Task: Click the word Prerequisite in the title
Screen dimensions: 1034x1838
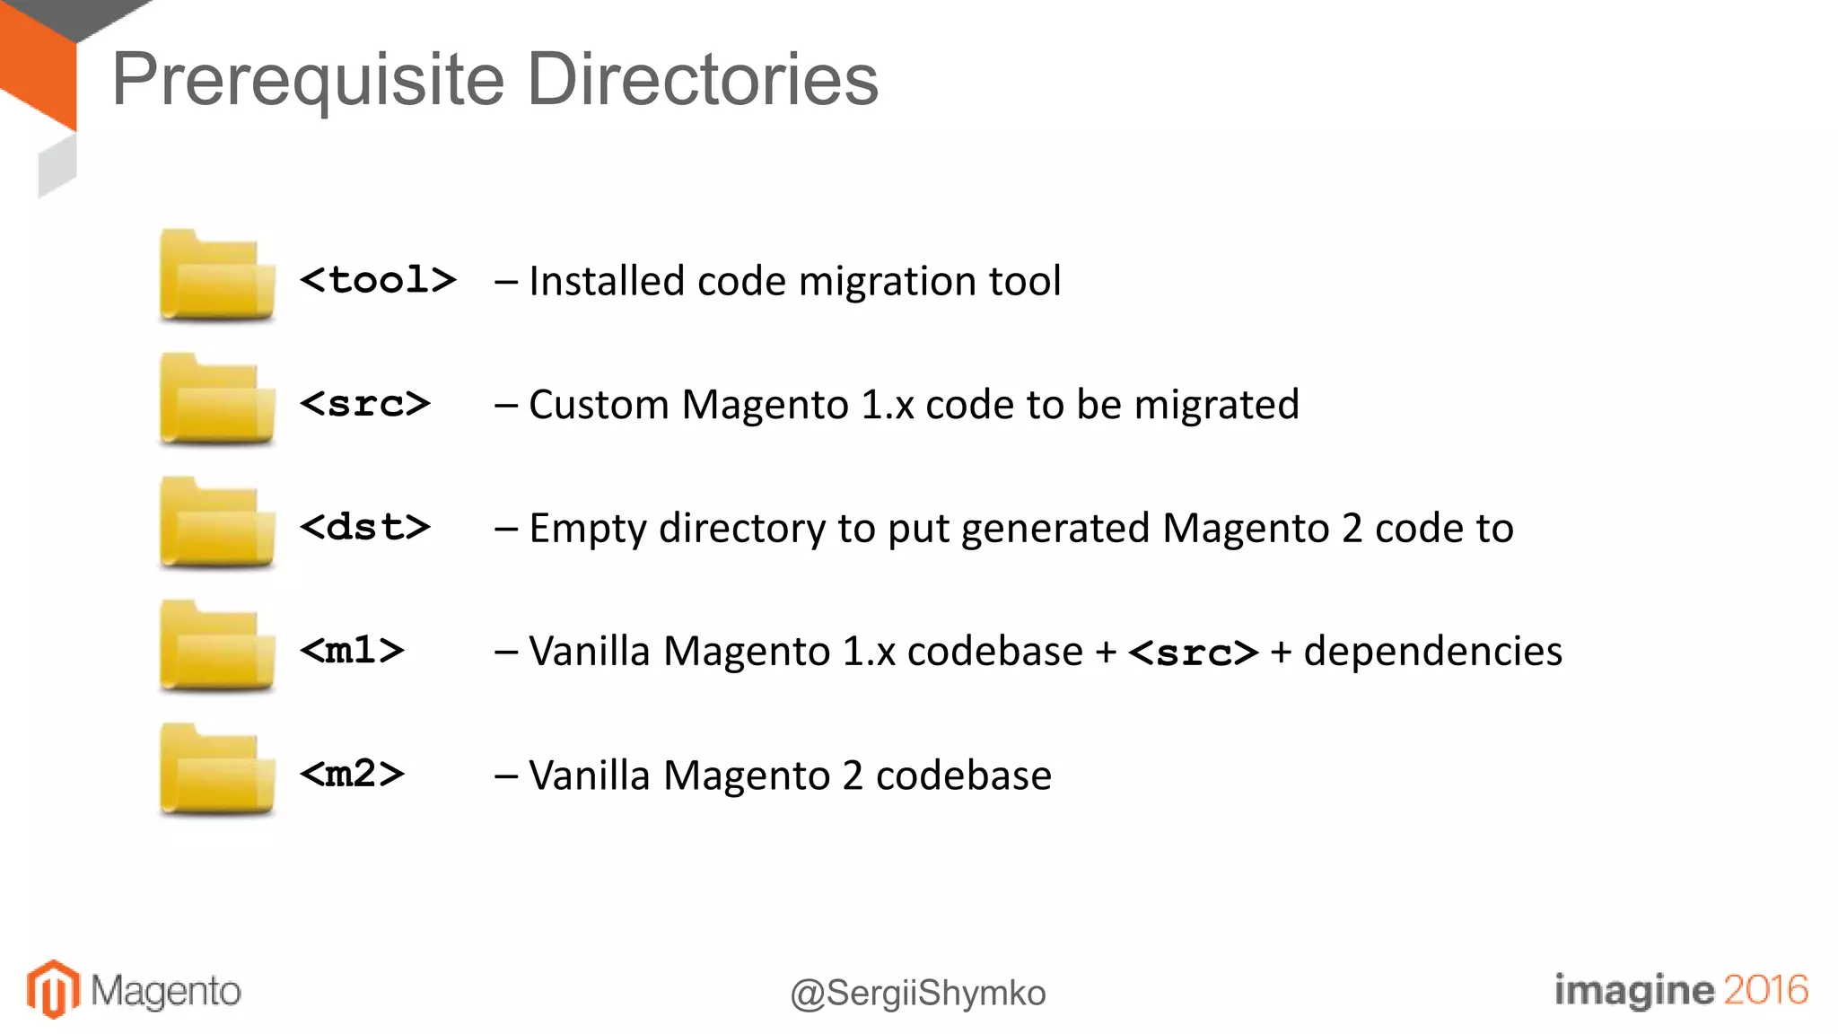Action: click(309, 81)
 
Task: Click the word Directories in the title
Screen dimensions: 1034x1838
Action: click(702, 79)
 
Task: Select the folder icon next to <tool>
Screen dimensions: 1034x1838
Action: click(216, 276)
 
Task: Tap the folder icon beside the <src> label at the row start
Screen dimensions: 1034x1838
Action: click(216, 400)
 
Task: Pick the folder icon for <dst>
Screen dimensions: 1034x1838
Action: click(216, 523)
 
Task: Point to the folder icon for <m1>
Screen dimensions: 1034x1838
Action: click(216, 647)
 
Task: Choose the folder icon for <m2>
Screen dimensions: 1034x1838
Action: click(216, 770)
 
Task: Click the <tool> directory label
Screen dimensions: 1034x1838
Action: click(378, 280)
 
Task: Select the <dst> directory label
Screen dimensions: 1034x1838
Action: click(365, 527)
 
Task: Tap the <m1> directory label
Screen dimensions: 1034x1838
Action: click(352, 650)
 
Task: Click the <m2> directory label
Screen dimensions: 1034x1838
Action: click(352, 774)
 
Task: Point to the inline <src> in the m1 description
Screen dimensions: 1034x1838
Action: click(1193, 653)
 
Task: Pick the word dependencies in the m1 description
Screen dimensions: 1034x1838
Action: click(1432, 652)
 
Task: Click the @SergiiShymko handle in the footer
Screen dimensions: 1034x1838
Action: click(918, 994)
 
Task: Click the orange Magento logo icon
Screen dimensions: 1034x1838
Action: click(53, 989)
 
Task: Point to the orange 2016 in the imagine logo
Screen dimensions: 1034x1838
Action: click(1765, 990)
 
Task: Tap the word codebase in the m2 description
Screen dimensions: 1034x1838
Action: click(963, 775)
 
